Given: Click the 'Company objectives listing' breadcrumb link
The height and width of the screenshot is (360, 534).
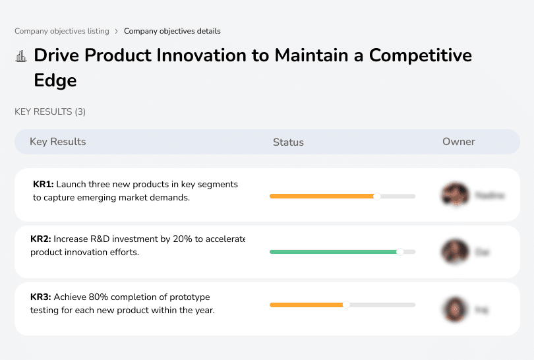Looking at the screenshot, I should pos(61,31).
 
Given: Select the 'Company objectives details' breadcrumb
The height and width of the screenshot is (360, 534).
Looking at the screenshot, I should pos(172,31).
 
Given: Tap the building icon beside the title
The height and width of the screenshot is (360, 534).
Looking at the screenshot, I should pos(21,56).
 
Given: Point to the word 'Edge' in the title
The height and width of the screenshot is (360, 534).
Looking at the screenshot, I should pos(55,80).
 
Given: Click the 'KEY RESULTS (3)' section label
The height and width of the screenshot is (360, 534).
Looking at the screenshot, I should pos(50,112).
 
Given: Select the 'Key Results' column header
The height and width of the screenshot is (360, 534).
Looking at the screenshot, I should pos(57,142).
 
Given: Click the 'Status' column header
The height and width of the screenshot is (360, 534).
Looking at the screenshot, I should pos(288,142).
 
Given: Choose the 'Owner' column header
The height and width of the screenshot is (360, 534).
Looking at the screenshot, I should pos(458,142).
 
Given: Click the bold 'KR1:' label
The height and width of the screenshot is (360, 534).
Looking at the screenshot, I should pos(43,185).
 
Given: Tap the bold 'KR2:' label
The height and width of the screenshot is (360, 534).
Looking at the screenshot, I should pos(41,239).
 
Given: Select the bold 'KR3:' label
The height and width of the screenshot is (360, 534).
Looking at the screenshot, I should pos(41,297).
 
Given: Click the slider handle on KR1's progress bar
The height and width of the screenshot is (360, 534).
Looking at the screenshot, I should pos(377,196).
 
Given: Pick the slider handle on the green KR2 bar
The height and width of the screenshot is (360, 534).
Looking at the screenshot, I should pos(400,252).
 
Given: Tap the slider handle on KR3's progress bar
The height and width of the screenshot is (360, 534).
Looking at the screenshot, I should pos(346,305).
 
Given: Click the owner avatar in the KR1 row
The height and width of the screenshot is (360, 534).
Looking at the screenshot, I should pos(454,195).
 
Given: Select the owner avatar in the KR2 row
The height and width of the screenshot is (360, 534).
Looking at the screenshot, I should pos(454,252).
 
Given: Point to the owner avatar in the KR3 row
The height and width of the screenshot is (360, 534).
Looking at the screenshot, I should pos(454,309).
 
